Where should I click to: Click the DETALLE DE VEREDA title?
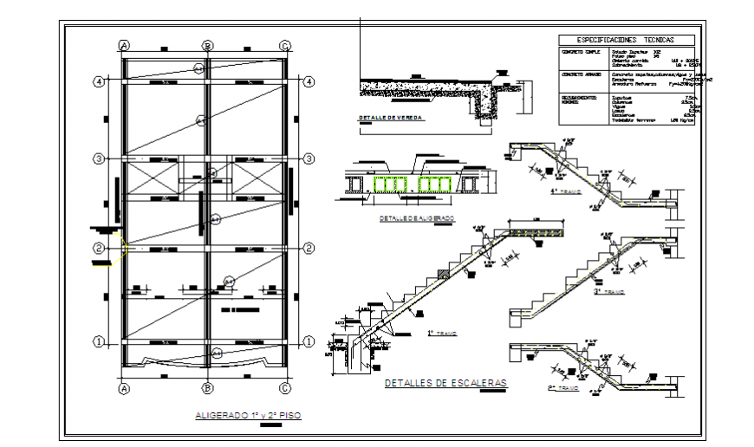(x=391, y=117)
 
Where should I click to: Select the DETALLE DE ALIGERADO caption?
(x=417, y=219)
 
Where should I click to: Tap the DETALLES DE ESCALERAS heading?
(x=445, y=382)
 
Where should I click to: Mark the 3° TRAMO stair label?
(x=609, y=292)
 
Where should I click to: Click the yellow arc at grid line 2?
(x=126, y=249)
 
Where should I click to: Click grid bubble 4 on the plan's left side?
(x=100, y=81)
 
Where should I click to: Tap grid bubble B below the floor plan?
(x=207, y=387)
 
